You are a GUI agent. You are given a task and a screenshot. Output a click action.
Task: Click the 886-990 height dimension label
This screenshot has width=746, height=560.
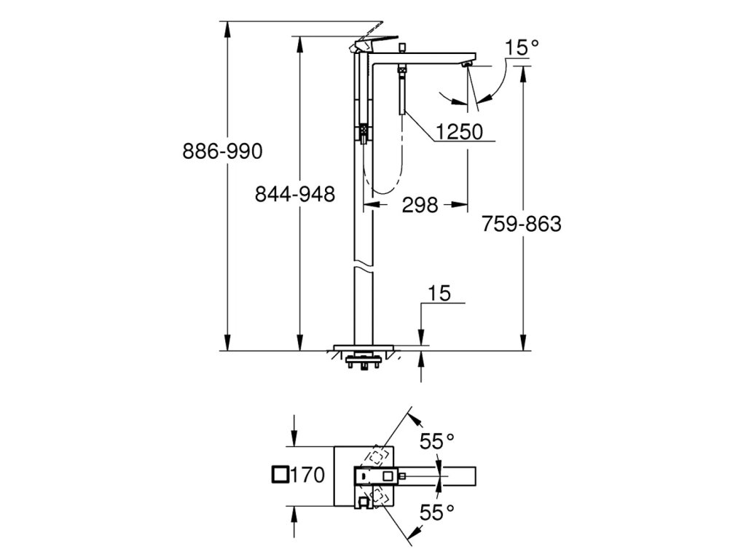click(222, 152)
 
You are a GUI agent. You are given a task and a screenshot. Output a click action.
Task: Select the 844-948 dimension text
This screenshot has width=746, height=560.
click(295, 194)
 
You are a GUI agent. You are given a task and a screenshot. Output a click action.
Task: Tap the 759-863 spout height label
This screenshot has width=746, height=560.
click(522, 224)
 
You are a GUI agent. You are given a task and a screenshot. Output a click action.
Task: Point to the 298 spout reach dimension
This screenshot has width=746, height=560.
click(420, 205)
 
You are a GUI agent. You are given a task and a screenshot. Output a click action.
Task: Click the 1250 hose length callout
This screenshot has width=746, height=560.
click(460, 131)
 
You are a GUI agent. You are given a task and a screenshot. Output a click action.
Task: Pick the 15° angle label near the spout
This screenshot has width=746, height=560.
click(522, 47)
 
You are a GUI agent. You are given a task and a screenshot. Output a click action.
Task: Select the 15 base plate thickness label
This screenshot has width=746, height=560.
click(439, 293)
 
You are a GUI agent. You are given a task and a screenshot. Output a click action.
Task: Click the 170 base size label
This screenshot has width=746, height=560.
click(307, 475)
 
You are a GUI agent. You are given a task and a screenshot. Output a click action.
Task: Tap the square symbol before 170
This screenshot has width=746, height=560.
click(280, 475)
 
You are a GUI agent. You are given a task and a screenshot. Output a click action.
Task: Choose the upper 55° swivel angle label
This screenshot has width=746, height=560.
click(437, 441)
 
